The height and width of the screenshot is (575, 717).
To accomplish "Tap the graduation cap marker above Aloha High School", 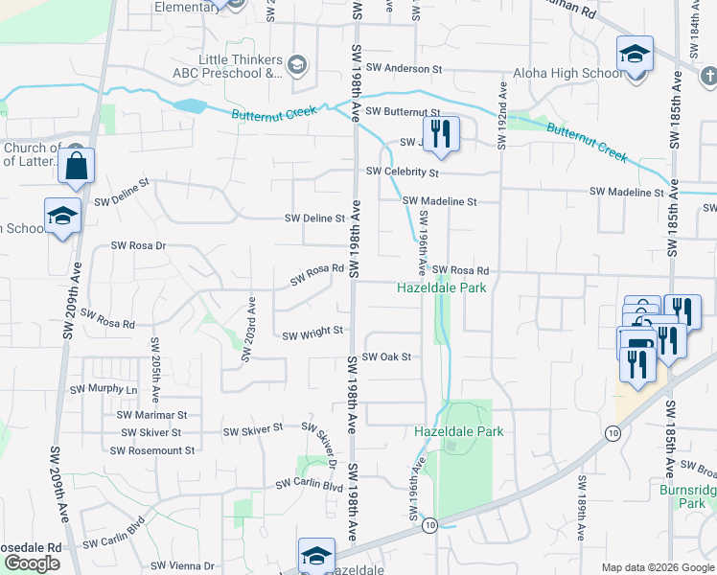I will point(635,54).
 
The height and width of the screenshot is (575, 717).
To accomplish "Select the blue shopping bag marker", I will point(76,166).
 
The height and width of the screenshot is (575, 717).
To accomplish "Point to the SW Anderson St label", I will point(405,70).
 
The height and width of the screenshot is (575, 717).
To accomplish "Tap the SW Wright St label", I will point(312,333).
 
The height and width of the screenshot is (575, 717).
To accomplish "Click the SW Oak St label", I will point(386,357).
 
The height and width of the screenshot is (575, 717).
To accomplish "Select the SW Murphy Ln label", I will point(104,390).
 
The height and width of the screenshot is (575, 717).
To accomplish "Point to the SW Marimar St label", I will point(151,415).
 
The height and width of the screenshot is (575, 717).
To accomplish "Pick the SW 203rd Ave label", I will point(249,329).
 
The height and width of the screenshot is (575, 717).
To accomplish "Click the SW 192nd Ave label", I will point(500,116).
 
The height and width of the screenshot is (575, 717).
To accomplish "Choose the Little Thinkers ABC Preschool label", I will point(241,66).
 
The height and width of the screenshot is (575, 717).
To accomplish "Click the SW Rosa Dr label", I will point(139,246).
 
